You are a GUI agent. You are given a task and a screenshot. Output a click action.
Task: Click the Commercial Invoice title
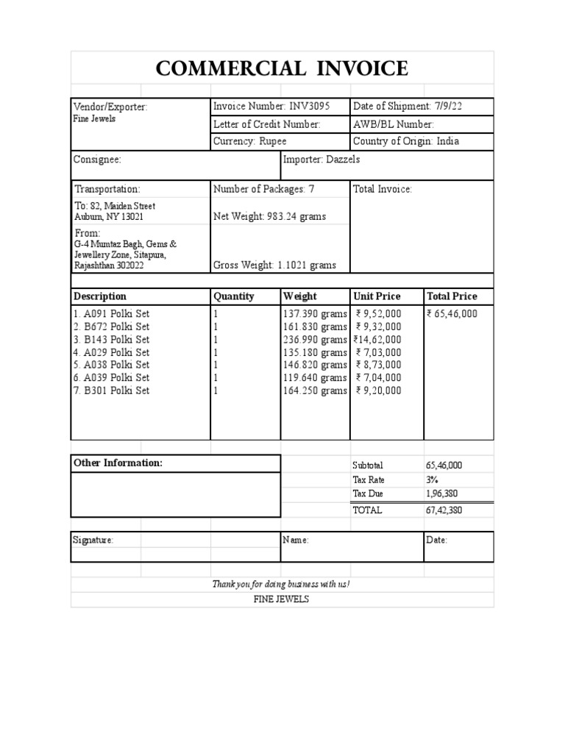pos(282,68)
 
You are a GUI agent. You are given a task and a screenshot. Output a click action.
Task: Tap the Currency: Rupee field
pos(250,141)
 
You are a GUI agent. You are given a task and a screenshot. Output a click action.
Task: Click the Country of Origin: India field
pos(411,141)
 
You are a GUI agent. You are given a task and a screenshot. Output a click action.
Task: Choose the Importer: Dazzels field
pos(321,160)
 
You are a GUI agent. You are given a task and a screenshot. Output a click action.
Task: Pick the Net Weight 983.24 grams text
pos(269,216)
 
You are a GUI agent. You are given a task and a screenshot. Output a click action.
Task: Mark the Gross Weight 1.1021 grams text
pos(274,265)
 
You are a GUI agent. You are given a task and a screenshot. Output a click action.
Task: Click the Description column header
pos(100,296)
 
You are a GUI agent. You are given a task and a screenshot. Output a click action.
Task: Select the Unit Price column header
pos(377,296)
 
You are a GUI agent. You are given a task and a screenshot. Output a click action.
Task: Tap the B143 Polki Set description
pos(112,339)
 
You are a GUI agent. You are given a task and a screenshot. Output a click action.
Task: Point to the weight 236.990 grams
pos(315,339)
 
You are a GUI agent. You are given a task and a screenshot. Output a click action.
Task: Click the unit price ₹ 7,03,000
pos(378,351)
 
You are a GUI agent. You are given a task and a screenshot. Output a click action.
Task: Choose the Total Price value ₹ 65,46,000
pos(452,313)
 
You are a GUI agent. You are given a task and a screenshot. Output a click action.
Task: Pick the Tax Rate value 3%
pos(433,479)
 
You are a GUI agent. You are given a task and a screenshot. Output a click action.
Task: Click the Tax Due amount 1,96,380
pos(441,493)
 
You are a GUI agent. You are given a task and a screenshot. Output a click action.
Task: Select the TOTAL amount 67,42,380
pos(444,510)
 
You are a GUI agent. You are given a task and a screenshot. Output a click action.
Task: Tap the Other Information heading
pos(118,463)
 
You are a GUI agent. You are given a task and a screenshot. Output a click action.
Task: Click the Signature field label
pos(93,540)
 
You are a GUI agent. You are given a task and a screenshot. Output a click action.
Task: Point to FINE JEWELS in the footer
pos(281,599)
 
